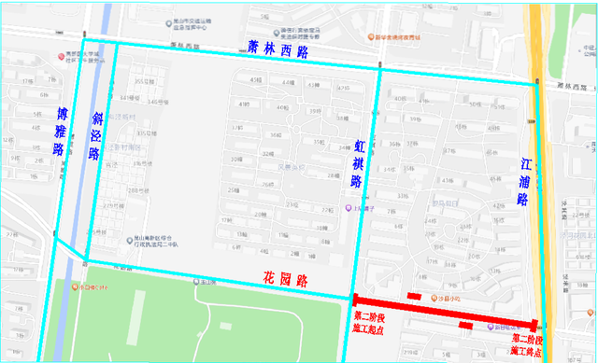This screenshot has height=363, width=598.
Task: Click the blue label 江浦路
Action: pos(523,180)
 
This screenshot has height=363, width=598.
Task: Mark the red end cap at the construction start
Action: pos(352,300)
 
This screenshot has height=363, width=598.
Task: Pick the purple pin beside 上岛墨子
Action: pos(349,207)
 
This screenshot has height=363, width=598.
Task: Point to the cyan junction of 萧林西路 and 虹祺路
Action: pos(379,68)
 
